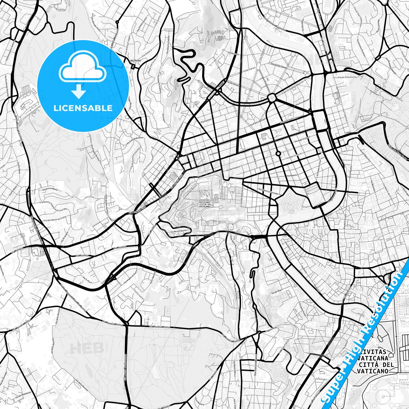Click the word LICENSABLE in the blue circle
point(83,108)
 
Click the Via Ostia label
point(213,153)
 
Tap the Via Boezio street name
point(292,175)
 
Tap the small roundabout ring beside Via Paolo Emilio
point(278,153)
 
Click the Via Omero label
point(374,91)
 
